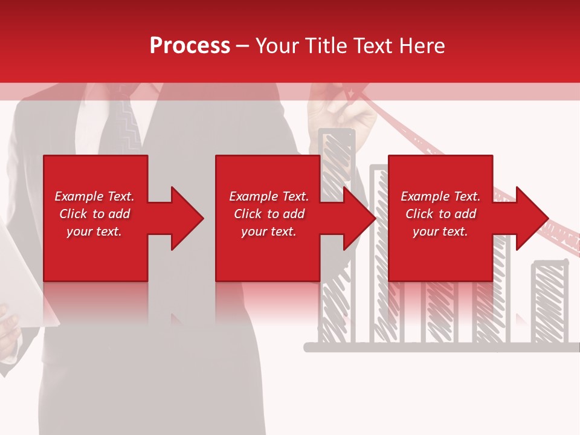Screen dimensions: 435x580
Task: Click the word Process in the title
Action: click(190, 46)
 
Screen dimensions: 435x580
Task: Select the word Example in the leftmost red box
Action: click(79, 196)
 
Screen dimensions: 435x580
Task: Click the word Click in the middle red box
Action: click(247, 214)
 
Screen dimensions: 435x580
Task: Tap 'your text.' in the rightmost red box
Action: click(440, 231)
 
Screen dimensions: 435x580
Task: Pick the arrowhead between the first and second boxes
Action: click(184, 218)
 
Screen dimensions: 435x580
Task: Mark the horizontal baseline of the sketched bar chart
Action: click(435, 347)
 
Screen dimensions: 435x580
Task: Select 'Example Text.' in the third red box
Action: click(440, 196)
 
